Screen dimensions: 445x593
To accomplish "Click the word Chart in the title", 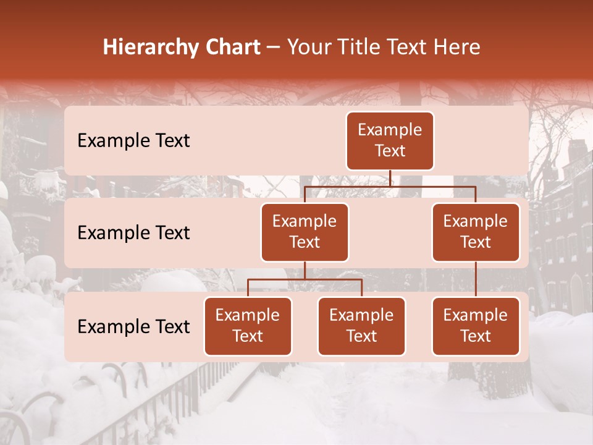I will [233, 48].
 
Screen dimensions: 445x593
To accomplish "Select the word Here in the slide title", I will [458, 48].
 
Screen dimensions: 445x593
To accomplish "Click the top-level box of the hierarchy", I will [390, 140].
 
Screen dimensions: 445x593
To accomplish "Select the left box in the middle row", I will [305, 232].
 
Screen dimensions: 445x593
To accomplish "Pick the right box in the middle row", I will [476, 232].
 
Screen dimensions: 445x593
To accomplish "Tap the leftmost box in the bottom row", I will [248, 326].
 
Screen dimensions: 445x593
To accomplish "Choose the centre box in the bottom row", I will [361, 326].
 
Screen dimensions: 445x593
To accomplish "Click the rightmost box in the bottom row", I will [476, 326].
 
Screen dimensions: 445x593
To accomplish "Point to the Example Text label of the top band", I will [133, 141].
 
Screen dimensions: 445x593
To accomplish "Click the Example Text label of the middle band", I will [133, 233].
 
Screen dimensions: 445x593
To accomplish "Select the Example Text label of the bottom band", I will [133, 327].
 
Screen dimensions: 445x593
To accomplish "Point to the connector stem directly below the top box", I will [390, 178].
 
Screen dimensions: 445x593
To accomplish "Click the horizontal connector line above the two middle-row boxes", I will [390, 186].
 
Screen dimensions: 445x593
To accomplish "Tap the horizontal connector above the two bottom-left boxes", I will [305, 280].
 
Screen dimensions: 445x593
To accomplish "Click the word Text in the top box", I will [390, 151].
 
